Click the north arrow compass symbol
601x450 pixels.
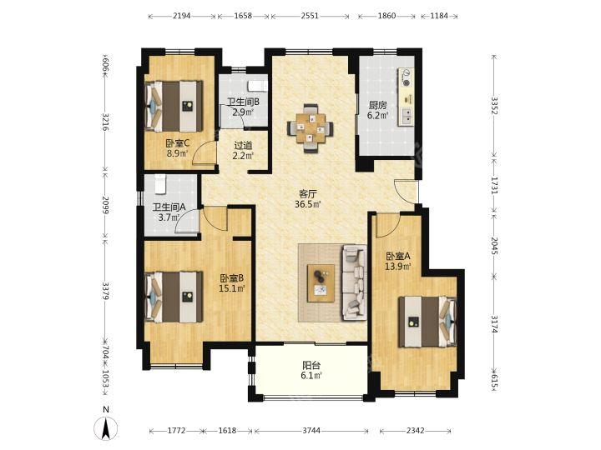pos(106,427)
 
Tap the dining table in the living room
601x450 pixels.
pos(311,128)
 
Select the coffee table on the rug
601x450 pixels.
pos(321,283)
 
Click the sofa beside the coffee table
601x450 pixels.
pos(354,282)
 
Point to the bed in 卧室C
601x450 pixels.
pos(174,106)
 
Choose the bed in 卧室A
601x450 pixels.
pos(427,322)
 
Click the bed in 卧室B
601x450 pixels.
pos(174,297)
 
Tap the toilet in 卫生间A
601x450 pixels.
pos(160,183)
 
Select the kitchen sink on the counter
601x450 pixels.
pos(407,117)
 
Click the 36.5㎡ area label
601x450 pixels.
pos(307,204)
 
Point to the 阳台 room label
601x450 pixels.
pos(311,366)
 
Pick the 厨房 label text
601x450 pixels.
pos(377,105)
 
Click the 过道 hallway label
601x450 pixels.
pos(243,145)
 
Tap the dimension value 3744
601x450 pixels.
pos(311,431)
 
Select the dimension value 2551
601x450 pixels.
pos(310,16)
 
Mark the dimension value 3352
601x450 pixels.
pos(494,106)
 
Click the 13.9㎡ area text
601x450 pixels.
pos(398,267)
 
